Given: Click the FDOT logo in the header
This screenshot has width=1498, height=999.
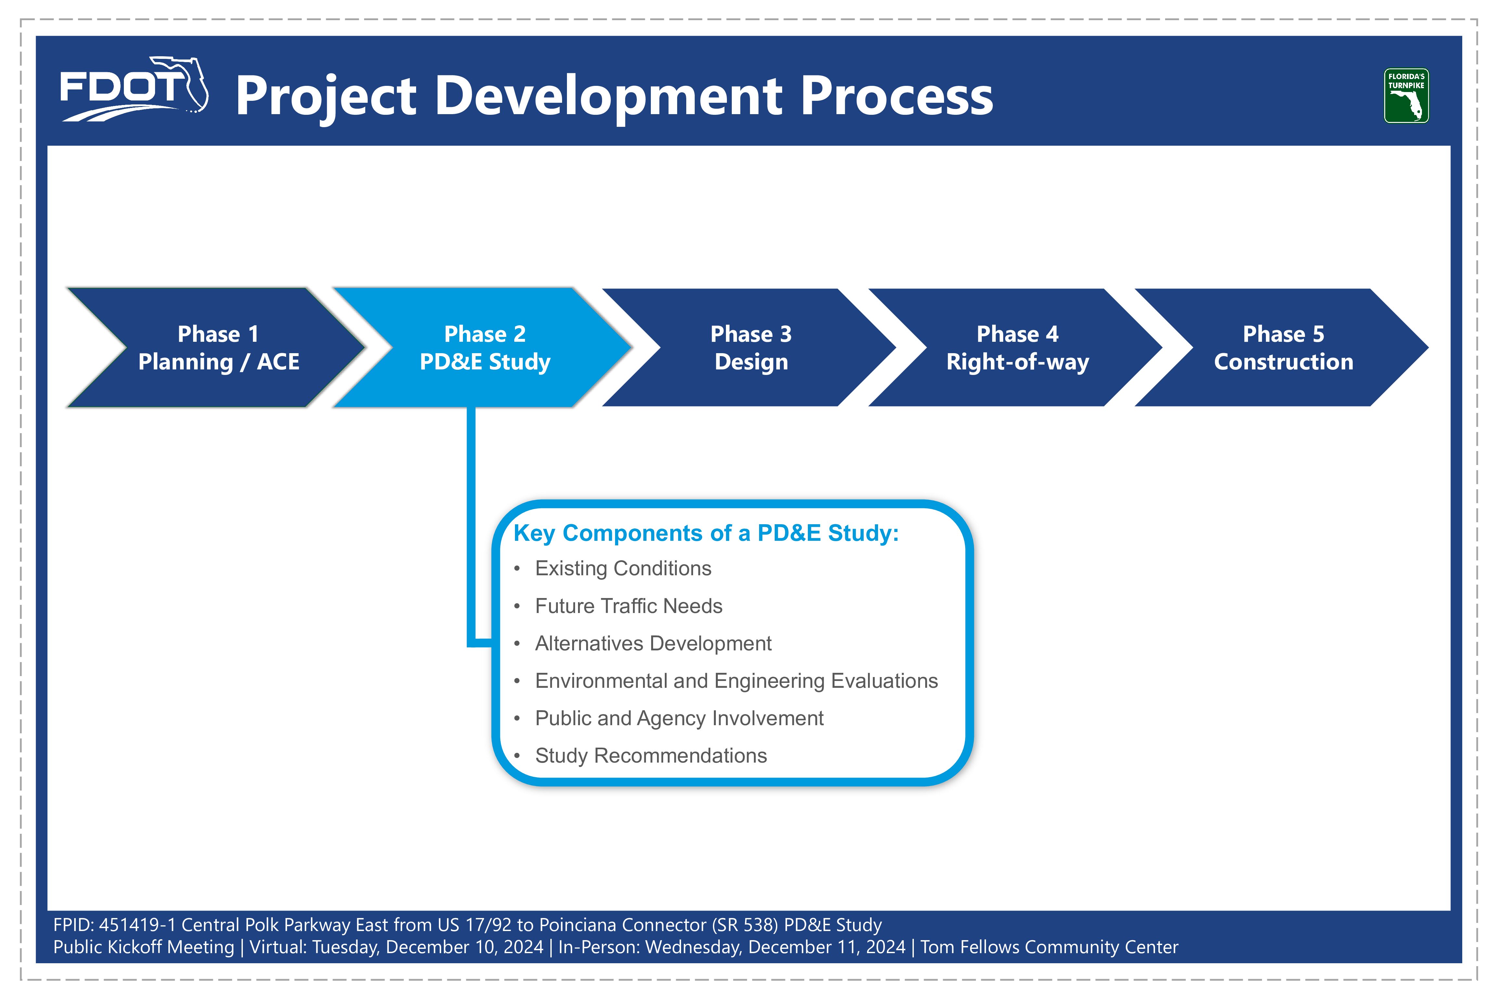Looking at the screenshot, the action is click(x=134, y=89).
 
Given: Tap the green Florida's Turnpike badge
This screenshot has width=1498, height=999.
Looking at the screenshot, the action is click(x=1406, y=96).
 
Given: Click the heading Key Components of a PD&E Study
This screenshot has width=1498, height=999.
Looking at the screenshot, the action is click(x=706, y=533).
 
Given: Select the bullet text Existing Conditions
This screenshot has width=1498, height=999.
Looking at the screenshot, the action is click(x=623, y=568).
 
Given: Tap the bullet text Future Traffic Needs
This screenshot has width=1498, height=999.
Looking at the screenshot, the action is click(x=629, y=606).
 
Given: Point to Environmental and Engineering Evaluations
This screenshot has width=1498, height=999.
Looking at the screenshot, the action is click(x=736, y=681).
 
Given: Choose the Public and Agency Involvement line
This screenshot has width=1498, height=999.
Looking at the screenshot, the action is click(x=679, y=719).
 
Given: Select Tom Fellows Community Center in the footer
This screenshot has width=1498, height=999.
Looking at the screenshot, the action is click(x=1049, y=947).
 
